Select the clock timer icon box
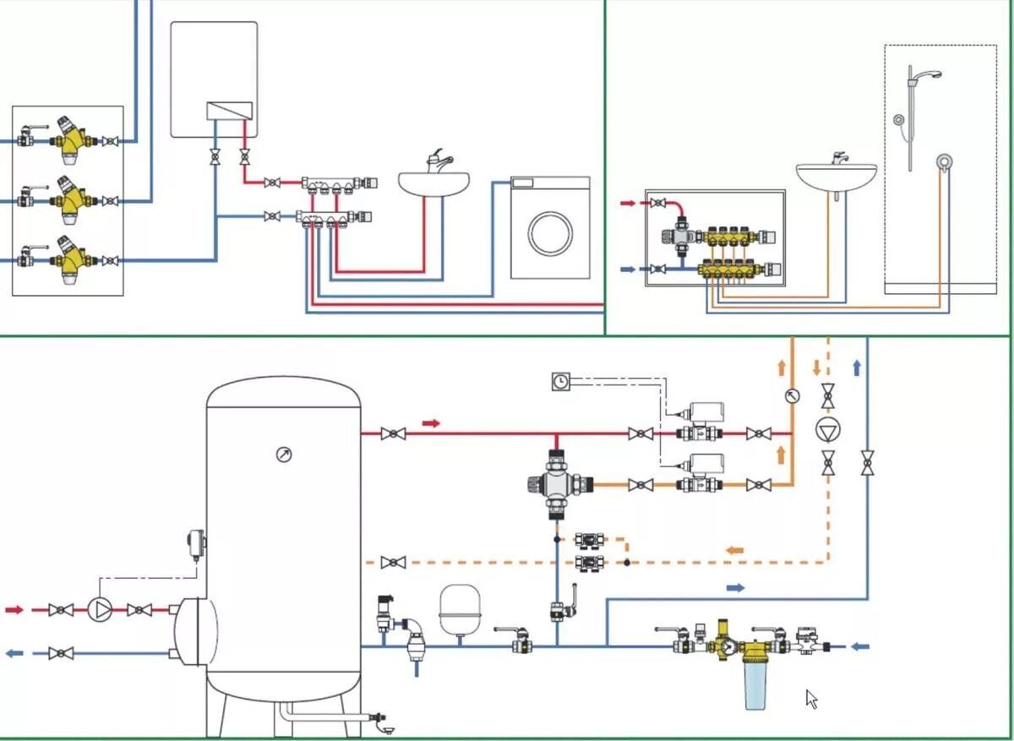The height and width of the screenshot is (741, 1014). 560,382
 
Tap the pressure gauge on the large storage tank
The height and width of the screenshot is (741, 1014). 284,455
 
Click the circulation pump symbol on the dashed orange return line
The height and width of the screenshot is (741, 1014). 827,429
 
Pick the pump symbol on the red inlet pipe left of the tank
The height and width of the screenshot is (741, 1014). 100,609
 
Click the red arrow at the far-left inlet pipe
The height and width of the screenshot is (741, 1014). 14,609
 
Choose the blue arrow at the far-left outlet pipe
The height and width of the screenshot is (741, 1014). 14,653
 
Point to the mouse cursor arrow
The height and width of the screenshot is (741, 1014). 811,699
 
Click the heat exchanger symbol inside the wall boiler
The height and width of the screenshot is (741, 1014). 230,111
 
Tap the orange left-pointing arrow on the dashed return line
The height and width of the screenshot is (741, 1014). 735,551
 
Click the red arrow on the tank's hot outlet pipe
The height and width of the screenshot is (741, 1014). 431,423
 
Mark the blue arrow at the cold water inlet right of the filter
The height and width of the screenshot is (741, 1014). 859,647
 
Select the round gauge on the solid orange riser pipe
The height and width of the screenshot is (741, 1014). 792,395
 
